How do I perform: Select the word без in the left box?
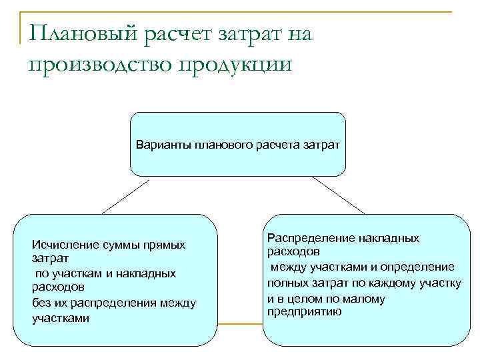(x=41, y=303)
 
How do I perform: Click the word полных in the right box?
(x=284, y=283)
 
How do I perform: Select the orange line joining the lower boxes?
(x=241, y=324)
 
